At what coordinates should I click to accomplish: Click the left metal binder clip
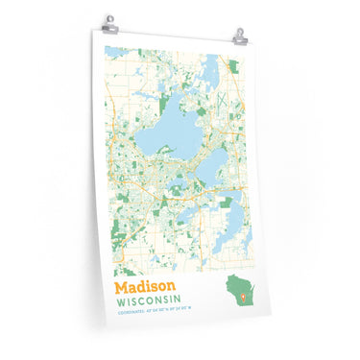tap(110, 21)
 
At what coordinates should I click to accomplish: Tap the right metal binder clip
tap(238, 35)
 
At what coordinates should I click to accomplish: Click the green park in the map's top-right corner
tap(233, 68)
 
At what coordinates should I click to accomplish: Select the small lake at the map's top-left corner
tap(113, 52)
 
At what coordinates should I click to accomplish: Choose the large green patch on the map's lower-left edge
tap(119, 230)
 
